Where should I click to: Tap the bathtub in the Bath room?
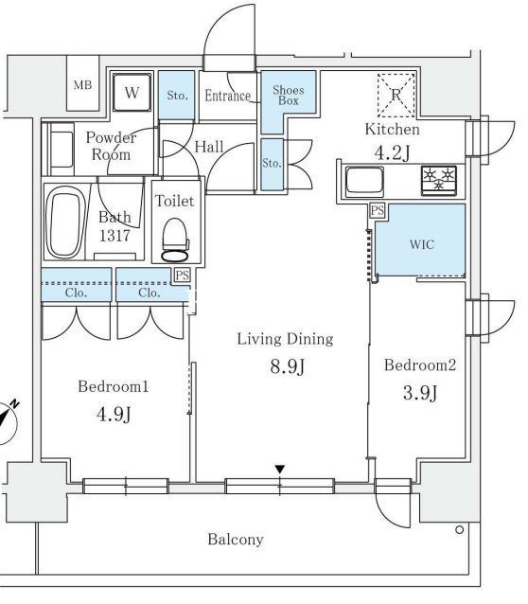(x=65, y=222)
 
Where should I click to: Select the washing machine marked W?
(x=132, y=93)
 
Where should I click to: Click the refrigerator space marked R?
(x=396, y=95)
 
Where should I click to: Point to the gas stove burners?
(x=439, y=180)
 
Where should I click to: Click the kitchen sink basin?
(x=364, y=182)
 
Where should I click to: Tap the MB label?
(x=83, y=85)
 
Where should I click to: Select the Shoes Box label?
(x=289, y=96)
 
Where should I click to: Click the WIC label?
(x=422, y=244)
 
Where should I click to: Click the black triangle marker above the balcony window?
(x=279, y=470)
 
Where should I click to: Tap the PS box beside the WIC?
(x=378, y=210)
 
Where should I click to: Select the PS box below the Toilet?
(x=183, y=275)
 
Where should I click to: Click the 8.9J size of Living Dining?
(x=288, y=366)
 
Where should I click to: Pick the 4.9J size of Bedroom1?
(x=114, y=414)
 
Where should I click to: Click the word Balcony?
(x=236, y=540)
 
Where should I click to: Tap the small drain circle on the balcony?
(x=459, y=530)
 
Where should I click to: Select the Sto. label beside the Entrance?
(x=178, y=95)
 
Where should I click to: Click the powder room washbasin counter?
(x=61, y=149)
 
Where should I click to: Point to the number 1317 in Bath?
(x=114, y=235)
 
